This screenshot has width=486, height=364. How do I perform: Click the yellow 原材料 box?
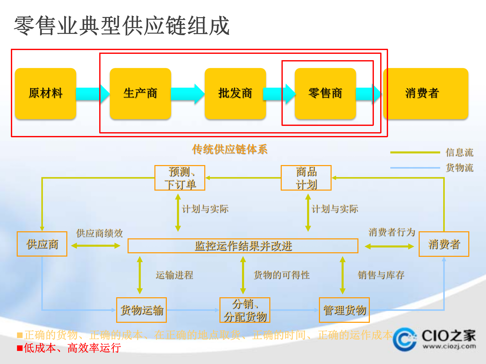[x=46, y=93]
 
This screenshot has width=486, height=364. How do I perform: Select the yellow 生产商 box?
[x=140, y=93]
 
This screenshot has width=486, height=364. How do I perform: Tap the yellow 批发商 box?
[x=235, y=93]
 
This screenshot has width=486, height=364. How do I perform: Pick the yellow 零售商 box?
[x=325, y=93]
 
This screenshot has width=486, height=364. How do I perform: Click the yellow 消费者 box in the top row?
[x=426, y=93]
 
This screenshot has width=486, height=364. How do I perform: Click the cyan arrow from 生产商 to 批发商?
[x=188, y=94]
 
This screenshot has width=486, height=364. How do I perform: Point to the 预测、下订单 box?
[x=180, y=178]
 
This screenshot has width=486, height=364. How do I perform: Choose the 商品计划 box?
[x=306, y=178]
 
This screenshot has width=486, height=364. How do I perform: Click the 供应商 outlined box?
[x=42, y=244]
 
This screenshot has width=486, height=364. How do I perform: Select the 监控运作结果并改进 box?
[x=243, y=246]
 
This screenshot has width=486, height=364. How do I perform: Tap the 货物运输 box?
[x=141, y=310]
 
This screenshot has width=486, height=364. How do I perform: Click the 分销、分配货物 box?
[x=245, y=310]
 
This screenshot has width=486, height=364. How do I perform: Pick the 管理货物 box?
[x=344, y=310]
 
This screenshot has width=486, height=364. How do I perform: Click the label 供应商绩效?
[x=99, y=233]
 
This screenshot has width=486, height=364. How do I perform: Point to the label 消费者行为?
[x=392, y=232]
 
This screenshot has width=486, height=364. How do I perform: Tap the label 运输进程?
[x=174, y=275]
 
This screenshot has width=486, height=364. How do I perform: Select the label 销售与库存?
[x=381, y=275]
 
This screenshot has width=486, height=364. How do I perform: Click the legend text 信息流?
[x=459, y=152]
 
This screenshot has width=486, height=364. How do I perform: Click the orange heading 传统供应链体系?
[x=230, y=149]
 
